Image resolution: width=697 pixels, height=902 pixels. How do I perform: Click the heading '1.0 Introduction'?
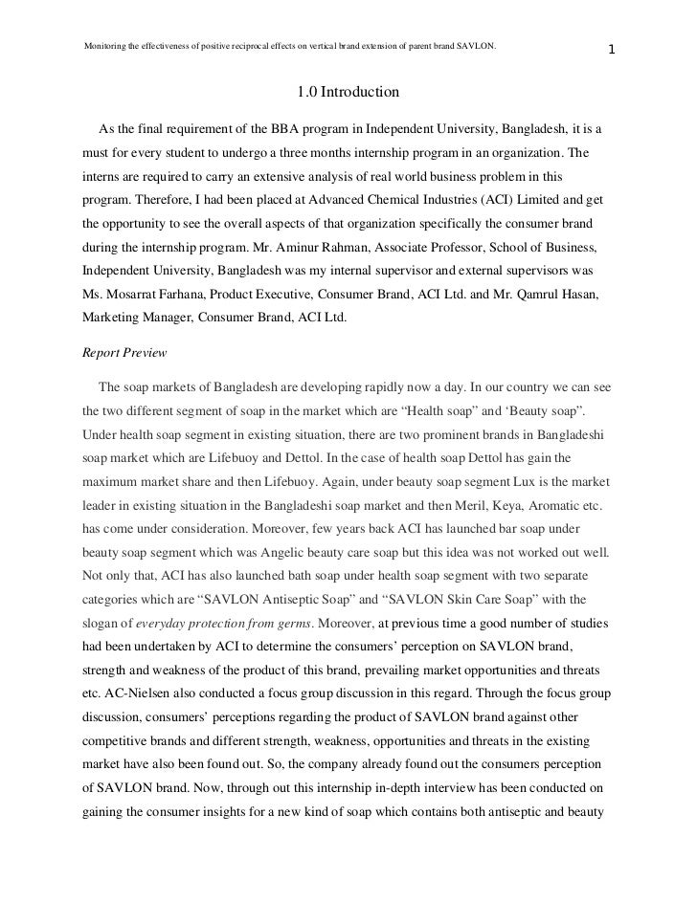348,94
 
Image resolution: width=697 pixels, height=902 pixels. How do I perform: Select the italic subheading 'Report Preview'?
125,352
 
